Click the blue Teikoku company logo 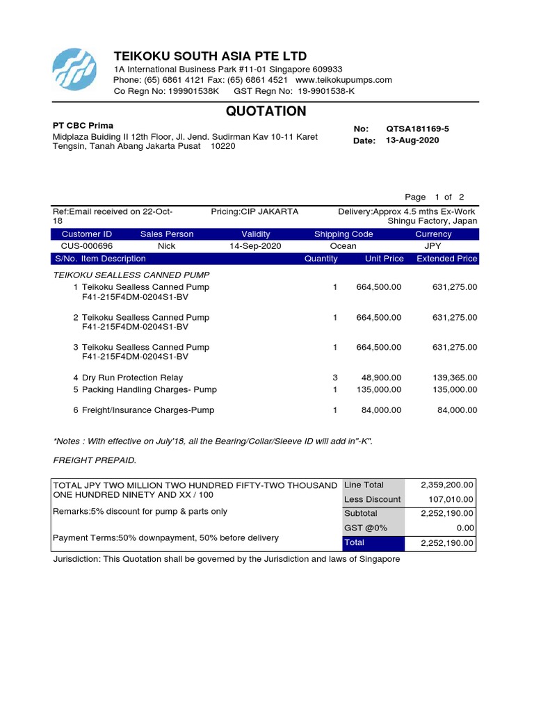click(x=77, y=70)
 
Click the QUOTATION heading click(x=266, y=111)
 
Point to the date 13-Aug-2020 click(x=412, y=140)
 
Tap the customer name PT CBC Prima click(x=83, y=126)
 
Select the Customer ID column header click(x=87, y=234)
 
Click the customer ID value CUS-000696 click(x=87, y=246)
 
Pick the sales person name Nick click(x=167, y=246)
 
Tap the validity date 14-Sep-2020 click(x=255, y=246)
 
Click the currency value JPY click(x=432, y=246)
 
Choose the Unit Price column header click(x=384, y=259)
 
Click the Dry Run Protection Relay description click(x=132, y=378)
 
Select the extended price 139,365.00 click(x=455, y=378)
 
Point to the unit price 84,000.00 click(x=381, y=410)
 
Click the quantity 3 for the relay click(x=334, y=378)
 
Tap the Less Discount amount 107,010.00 click(x=447, y=499)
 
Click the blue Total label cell click(x=375, y=542)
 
